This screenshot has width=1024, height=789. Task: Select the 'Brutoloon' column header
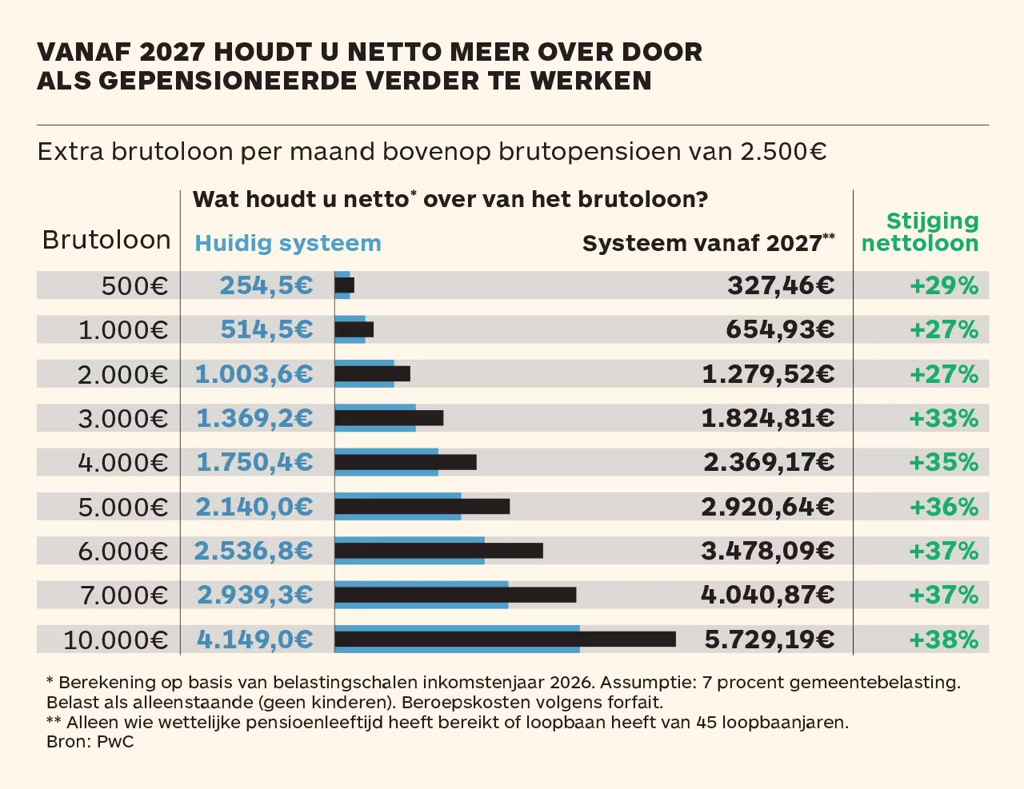click(106, 240)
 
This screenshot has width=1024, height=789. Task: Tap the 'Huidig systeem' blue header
click(288, 243)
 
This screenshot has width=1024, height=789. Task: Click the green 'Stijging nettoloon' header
click(920, 232)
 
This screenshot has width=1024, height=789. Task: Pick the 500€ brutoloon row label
click(134, 285)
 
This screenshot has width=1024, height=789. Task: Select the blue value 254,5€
click(266, 285)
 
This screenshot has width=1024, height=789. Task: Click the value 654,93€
click(780, 329)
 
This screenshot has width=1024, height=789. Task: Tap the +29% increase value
click(944, 285)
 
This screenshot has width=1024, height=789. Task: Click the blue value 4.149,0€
click(254, 640)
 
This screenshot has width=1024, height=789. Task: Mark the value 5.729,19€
click(769, 640)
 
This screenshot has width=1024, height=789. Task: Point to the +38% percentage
click(944, 640)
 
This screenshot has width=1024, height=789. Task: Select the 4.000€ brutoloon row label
click(123, 463)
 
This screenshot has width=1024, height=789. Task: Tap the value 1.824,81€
click(768, 418)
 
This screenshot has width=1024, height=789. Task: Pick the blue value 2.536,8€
click(253, 551)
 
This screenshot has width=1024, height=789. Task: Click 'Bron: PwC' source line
click(90, 742)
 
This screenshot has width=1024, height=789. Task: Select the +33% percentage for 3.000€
click(944, 418)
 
